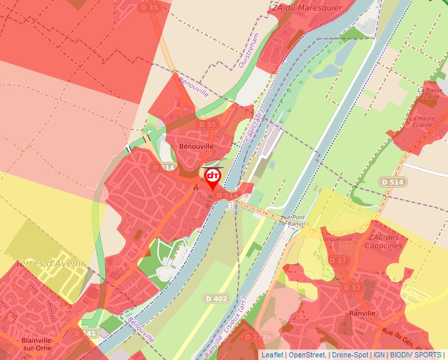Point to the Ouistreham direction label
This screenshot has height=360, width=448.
(250, 50)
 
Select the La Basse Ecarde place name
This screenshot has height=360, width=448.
(430, 93)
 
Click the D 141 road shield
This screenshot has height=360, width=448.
(86, 334)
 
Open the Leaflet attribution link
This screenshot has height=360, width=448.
(272, 355)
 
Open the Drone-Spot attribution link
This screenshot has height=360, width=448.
(350, 355)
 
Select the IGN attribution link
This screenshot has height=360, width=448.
(379, 355)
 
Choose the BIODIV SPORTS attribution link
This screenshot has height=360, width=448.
(416, 355)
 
